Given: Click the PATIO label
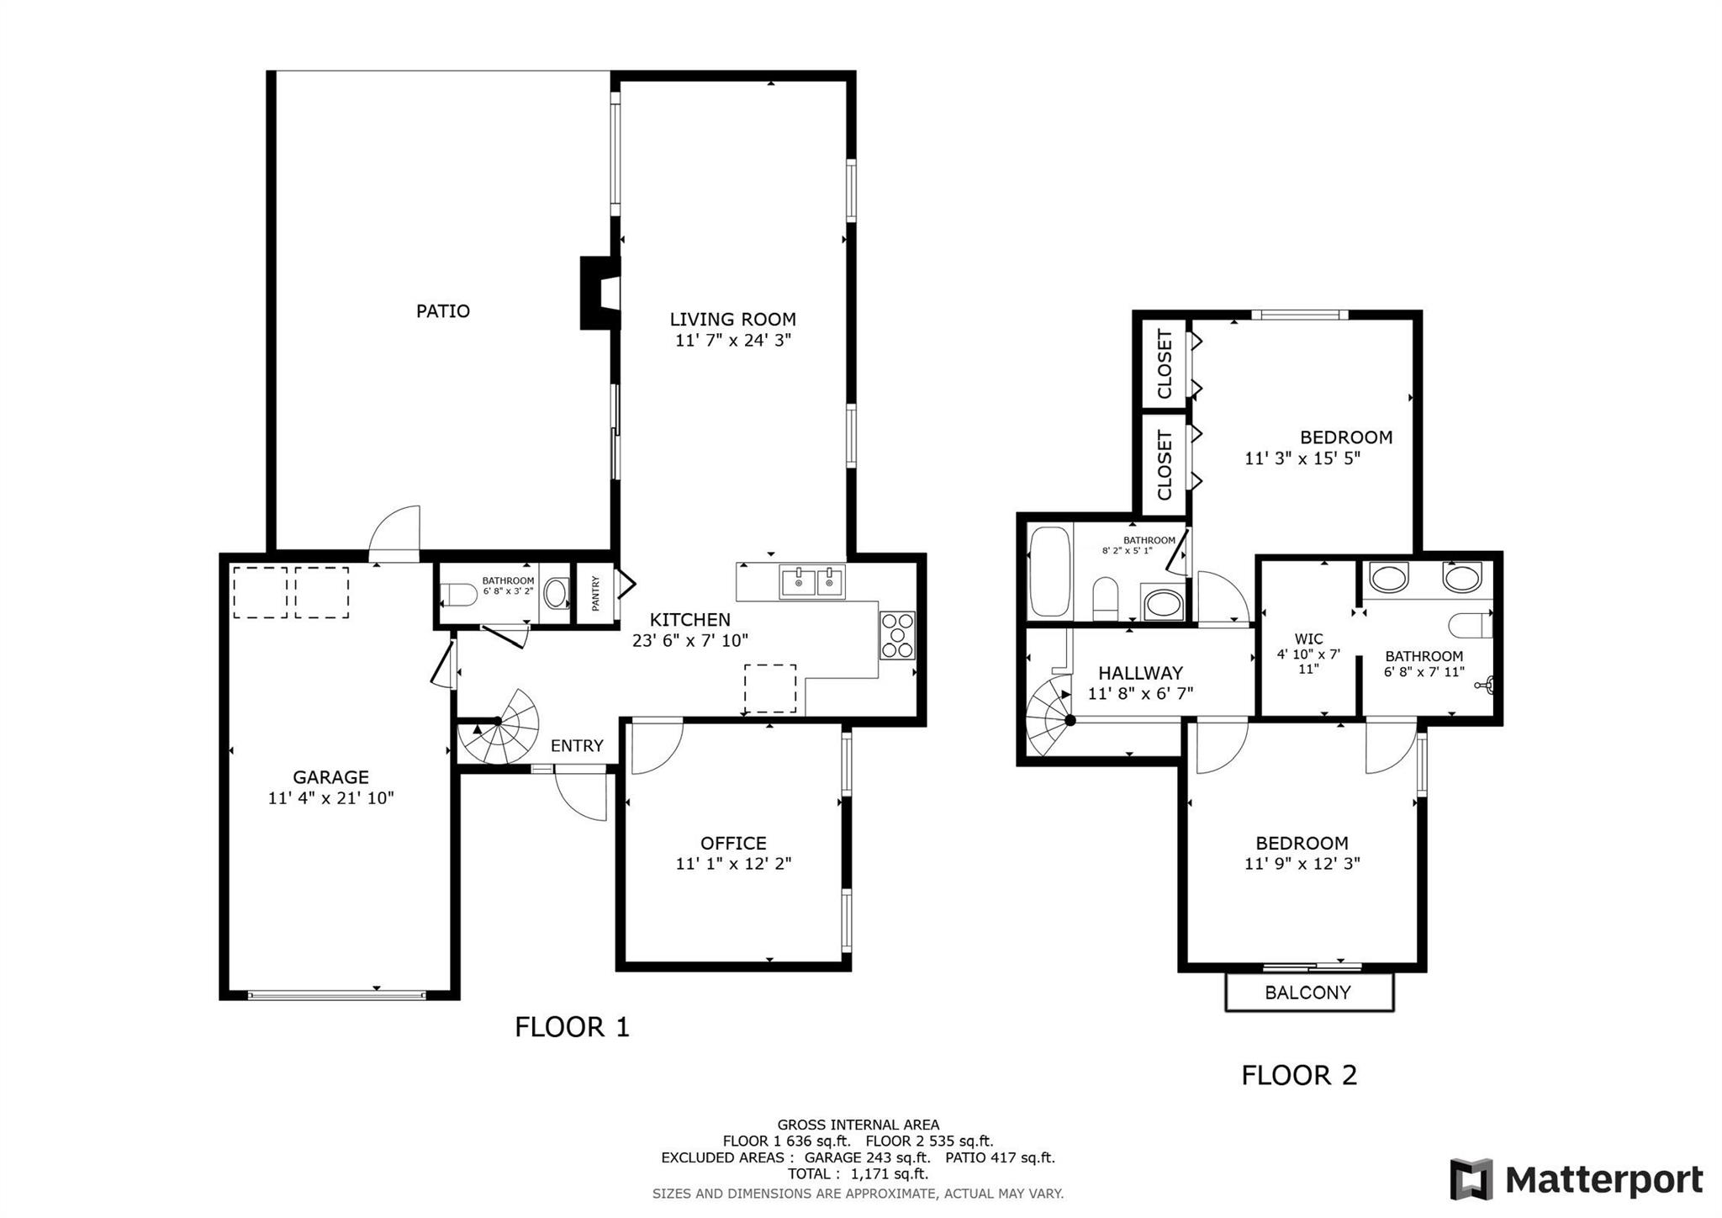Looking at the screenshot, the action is (443, 311).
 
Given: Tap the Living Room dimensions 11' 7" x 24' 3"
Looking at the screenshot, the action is (733, 341).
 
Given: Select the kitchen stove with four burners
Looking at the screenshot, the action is (897, 635).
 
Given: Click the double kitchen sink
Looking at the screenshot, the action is (812, 581).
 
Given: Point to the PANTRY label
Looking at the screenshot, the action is (596, 593).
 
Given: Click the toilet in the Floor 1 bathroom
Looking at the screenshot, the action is (457, 595).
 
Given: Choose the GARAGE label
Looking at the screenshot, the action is (330, 777).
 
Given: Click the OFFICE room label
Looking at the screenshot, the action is (733, 843).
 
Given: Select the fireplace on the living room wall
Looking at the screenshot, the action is (600, 293).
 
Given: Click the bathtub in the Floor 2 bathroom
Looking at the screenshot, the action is (1050, 571).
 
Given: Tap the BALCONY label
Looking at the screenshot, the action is (1308, 993).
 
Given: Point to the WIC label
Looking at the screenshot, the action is (1309, 639).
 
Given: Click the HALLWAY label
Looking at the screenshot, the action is (1141, 673).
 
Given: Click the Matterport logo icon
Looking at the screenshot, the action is (1471, 1179).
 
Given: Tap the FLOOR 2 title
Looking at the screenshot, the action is (1299, 1075).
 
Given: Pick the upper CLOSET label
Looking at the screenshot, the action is (1165, 364).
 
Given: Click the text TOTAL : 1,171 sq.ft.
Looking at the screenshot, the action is (858, 1173).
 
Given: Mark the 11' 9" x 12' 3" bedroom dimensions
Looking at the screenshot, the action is (1302, 863).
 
